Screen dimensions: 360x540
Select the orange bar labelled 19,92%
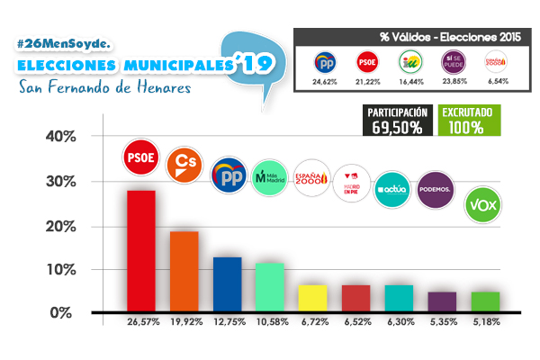(x=184, y=271)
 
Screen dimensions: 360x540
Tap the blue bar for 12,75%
(x=227, y=284)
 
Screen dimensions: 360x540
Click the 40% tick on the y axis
(x=61, y=138)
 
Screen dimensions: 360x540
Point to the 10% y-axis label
(x=61, y=270)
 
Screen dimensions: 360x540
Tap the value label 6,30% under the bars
(x=400, y=321)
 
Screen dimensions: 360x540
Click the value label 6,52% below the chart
(x=356, y=321)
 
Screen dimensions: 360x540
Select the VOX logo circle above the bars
(x=483, y=206)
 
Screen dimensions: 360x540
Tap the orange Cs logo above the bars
(x=184, y=164)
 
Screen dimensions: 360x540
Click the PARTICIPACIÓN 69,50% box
(x=396, y=120)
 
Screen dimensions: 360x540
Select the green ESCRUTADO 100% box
(x=471, y=120)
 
